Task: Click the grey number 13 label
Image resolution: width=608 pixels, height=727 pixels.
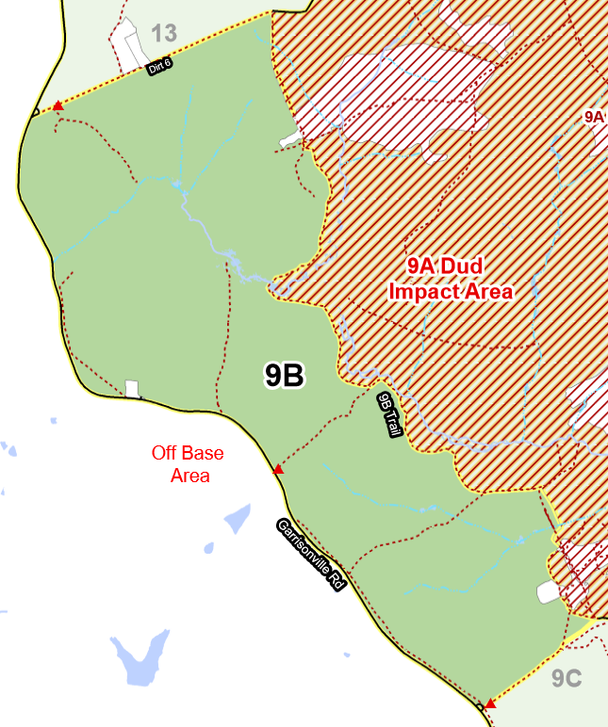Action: pos(163,34)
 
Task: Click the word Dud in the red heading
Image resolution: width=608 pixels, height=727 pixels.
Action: pos(462,266)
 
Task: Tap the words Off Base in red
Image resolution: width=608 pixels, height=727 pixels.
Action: pos(189,454)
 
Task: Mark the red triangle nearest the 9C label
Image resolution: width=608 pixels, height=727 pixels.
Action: pos(490,703)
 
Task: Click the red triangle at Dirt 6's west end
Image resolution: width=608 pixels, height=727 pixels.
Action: pos(58,106)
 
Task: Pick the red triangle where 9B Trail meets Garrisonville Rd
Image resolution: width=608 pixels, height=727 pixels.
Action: pos(278,469)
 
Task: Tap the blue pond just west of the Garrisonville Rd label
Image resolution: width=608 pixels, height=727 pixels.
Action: pos(237,518)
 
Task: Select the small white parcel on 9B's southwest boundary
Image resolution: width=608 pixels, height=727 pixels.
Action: pos(132,389)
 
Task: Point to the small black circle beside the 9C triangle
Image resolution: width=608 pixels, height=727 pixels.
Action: pos(481,707)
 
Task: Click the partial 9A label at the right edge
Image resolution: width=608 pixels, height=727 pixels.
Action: pos(594,117)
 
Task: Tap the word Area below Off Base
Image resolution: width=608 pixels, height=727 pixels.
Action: pos(189,477)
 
